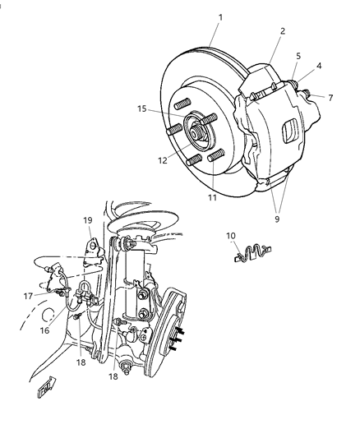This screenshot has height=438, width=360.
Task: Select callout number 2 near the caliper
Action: (x=281, y=31)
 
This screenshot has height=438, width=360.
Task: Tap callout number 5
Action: (x=298, y=57)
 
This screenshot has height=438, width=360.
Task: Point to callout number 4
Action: (x=319, y=66)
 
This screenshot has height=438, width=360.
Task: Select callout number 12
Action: (x=163, y=160)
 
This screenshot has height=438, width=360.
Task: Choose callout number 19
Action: (x=87, y=220)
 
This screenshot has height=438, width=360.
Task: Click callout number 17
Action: (x=28, y=296)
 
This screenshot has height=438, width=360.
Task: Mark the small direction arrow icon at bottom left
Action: (x=46, y=386)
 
